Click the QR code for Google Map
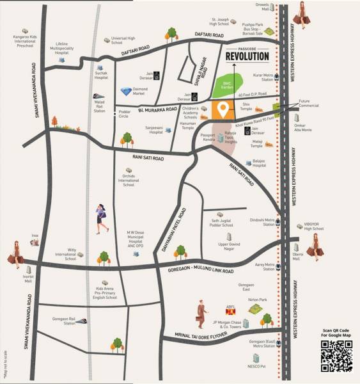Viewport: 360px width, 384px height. click(336, 355)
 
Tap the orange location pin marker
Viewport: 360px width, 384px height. click(223, 109)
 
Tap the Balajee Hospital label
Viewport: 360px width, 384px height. click(258, 163)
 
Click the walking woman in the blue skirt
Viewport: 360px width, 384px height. click(102, 218)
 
